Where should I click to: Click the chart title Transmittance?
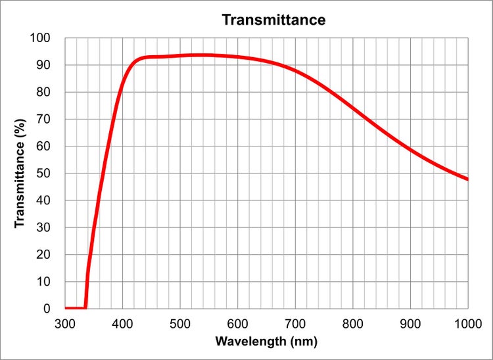(273, 20)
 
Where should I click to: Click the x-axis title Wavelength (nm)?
(267, 342)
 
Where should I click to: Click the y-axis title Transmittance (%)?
(20, 173)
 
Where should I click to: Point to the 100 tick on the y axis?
(41, 38)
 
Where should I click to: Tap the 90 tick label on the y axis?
(43, 65)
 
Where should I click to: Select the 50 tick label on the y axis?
(43, 173)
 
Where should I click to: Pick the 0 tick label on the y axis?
(46, 308)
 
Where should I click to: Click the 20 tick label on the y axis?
(43, 254)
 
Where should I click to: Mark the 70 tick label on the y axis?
(43, 119)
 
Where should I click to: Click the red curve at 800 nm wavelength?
(353, 107)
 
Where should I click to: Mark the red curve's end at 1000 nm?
(467, 179)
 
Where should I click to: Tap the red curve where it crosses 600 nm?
(238, 57)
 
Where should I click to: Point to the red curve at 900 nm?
(410, 149)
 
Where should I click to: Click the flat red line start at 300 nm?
(66, 308)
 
